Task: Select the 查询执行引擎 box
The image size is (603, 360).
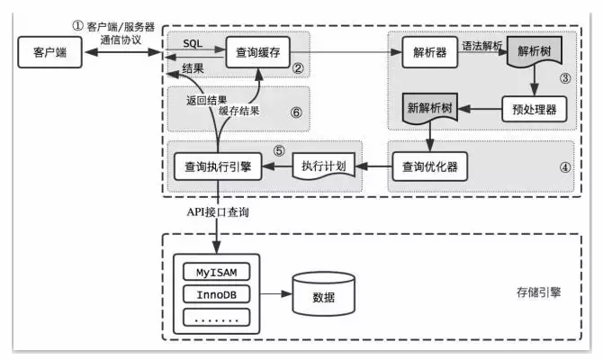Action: pyautogui.click(x=218, y=166)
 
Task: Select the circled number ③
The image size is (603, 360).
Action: pyautogui.click(x=565, y=78)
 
